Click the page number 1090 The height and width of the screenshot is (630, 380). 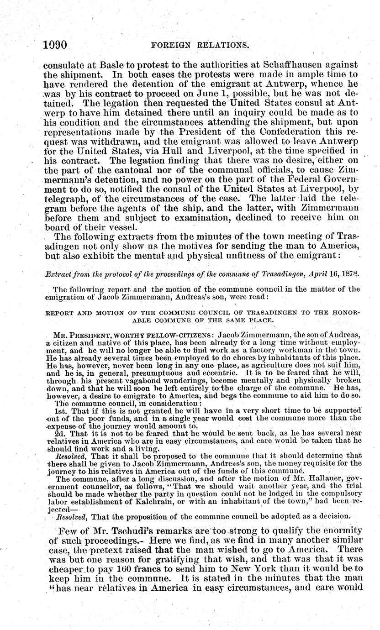[x=55, y=45]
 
